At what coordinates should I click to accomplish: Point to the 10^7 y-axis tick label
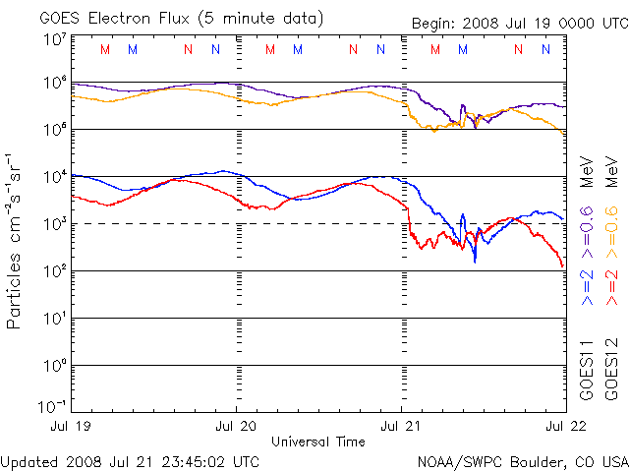(x=53, y=39)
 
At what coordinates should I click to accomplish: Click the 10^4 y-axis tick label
(x=53, y=177)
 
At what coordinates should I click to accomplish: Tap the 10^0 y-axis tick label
(x=53, y=365)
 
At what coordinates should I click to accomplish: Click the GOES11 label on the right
(x=587, y=368)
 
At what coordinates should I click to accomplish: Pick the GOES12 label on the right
(x=611, y=368)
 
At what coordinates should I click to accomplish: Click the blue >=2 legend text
(x=587, y=286)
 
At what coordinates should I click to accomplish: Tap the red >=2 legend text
(x=611, y=286)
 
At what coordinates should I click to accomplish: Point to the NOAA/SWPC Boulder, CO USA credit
(x=522, y=461)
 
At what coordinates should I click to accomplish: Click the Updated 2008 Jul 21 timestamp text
(x=131, y=461)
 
